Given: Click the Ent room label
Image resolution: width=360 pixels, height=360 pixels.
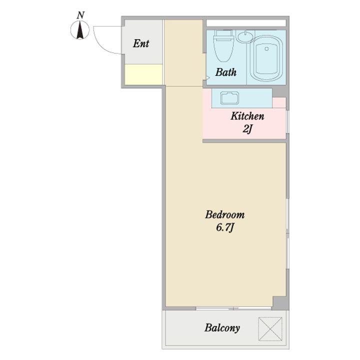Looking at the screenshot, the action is click(x=141, y=43).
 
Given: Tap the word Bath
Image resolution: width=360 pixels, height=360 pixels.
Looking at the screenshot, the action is click(x=226, y=72).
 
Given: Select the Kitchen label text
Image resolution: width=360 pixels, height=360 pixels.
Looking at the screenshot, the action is click(x=247, y=116).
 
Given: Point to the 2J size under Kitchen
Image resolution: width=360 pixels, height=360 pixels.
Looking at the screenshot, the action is click(x=247, y=129).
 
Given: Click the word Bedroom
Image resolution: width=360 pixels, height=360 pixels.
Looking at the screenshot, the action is click(x=225, y=214).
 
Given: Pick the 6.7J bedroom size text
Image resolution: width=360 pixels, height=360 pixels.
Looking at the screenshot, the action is click(x=225, y=227).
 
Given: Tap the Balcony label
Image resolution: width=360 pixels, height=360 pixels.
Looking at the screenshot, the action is click(x=222, y=327).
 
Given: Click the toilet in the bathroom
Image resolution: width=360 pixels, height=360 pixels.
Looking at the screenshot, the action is click(x=223, y=46).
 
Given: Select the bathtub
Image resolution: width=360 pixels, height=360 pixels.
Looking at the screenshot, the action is click(x=266, y=58).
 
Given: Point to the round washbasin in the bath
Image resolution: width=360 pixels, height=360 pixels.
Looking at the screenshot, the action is click(x=245, y=36).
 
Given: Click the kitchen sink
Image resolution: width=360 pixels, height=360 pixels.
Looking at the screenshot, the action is click(x=229, y=98).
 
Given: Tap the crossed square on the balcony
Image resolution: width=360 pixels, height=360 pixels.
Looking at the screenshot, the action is click(x=270, y=329).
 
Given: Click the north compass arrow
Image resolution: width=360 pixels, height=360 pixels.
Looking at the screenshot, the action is click(x=80, y=30).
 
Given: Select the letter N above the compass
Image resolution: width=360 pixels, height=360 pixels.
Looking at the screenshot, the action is click(x=80, y=15).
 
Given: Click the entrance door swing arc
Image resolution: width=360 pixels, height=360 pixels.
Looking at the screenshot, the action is click(x=101, y=45).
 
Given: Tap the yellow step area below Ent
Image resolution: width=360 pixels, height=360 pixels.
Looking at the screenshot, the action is click(x=143, y=74).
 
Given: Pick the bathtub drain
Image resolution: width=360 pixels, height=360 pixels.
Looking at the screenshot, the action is click(x=266, y=48).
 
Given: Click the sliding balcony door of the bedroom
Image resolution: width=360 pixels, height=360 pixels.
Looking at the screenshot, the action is click(x=233, y=308).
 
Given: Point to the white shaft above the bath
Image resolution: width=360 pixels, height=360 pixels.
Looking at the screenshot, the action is click(x=246, y=23).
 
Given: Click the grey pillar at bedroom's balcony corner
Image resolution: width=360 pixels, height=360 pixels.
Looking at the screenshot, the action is click(x=280, y=303).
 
